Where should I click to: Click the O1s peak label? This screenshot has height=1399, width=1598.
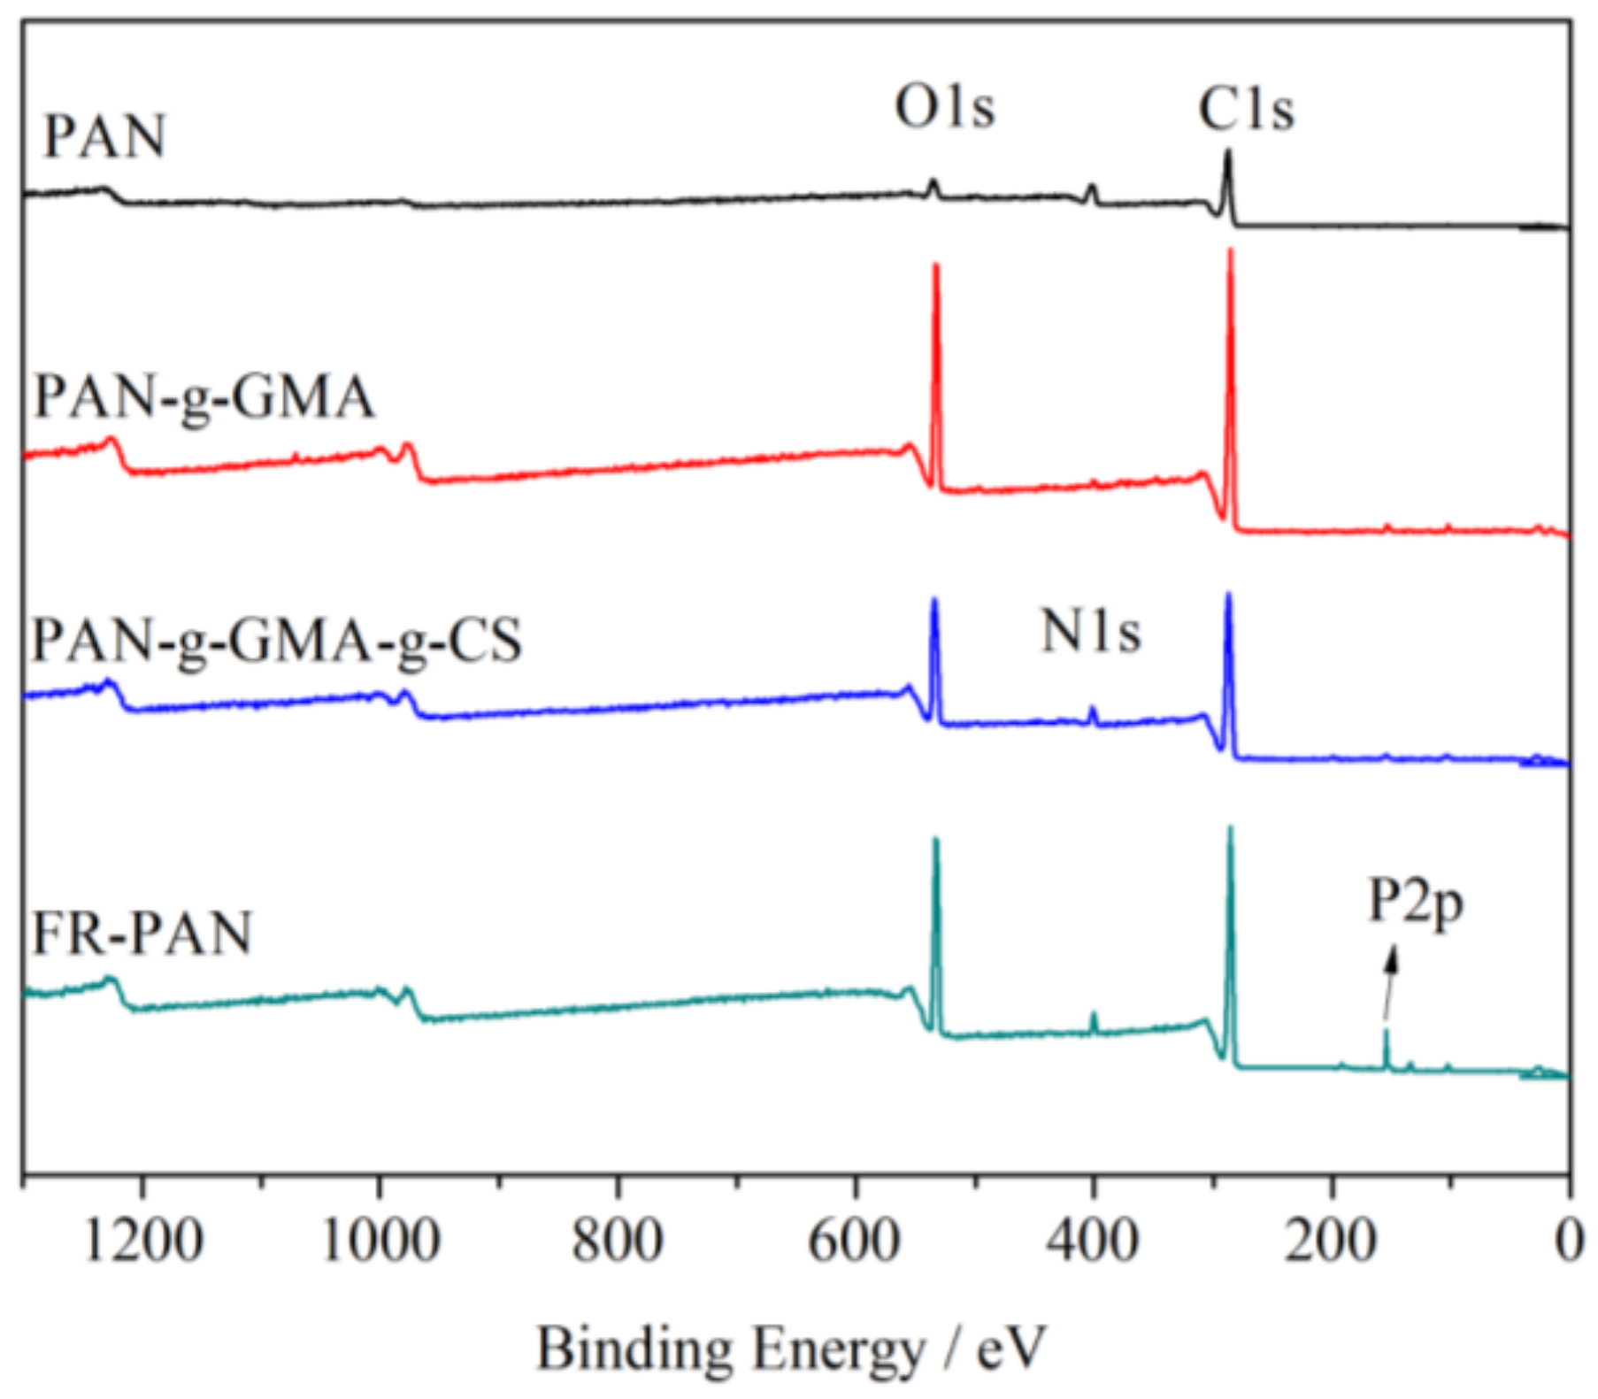tap(945, 107)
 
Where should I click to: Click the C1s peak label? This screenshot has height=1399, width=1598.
tap(1246, 110)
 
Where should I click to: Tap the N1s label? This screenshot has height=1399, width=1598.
tap(1091, 633)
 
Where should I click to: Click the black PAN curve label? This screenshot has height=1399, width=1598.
tap(104, 137)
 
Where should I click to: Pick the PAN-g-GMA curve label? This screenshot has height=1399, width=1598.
tap(204, 396)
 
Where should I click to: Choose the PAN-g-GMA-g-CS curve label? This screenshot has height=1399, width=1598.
tap(276, 640)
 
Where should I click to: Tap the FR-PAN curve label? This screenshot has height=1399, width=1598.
tap(142, 934)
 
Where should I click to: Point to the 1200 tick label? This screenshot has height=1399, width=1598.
tap(143, 1241)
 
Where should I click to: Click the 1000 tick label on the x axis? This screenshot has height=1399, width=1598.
tap(380, 1241)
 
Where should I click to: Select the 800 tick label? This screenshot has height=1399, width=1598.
tap(618, 1241)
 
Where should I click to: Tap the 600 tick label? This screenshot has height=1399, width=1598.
tap(855, 1241)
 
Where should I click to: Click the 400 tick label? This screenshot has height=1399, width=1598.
tap(1093, 1241)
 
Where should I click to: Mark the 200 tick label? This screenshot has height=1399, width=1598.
tap(1330, 1241)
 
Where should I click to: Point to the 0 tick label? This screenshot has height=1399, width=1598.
tap(1569, 1241)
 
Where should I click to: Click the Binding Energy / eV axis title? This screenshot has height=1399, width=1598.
tap(791, 1349)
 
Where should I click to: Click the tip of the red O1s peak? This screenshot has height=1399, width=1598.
tap(936, 265)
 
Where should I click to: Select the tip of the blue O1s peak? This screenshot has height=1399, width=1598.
tap(934, 601)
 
